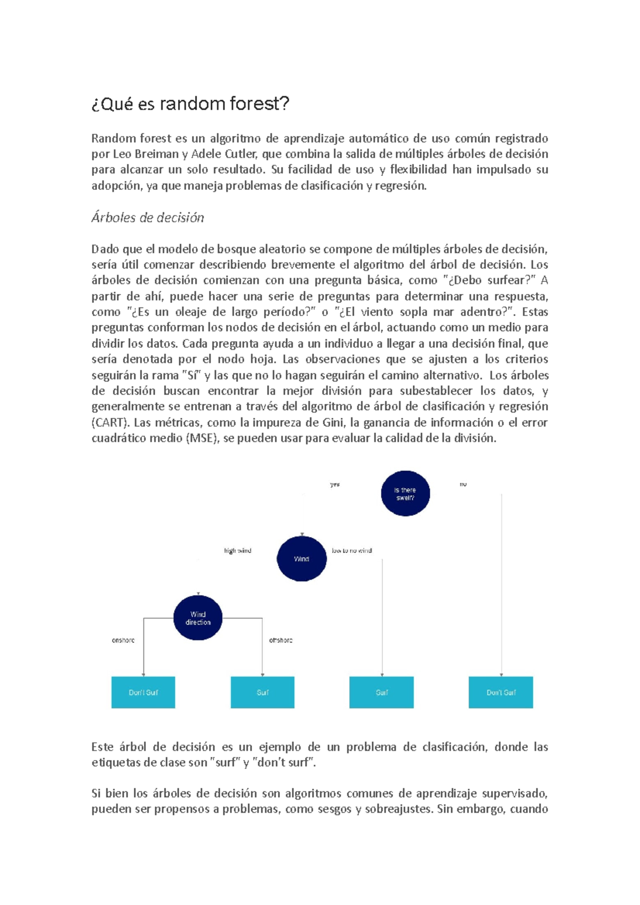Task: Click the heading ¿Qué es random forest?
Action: pos(190,103)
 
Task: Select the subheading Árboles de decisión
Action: pos(148,217)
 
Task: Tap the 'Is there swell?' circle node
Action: pos(405,494)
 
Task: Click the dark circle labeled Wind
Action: pos(301,559)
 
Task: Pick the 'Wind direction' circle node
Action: pos(198,618)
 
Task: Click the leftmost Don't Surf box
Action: pos(143,692)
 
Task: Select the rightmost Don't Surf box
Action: pos(501,692)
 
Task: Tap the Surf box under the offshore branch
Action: pos(262,692)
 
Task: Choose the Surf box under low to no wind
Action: pos(381,692)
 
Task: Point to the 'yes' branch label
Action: pos(335,484)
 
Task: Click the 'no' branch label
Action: pos(463,484)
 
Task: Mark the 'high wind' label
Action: pos(237,551)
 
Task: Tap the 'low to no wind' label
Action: pos(351,551)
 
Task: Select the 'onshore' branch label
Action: pos(123,640)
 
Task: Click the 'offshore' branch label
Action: pos(281,640)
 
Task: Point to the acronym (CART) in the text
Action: pos(110,423)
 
